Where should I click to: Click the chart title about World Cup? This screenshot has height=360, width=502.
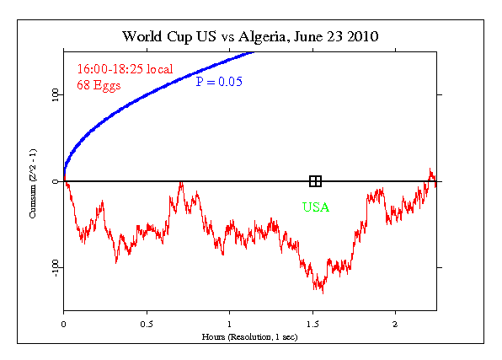250,37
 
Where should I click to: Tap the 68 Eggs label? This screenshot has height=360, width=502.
99,84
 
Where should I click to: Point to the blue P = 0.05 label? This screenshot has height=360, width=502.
218,82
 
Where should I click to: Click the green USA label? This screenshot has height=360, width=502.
316,207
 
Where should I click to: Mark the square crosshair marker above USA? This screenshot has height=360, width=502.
316,181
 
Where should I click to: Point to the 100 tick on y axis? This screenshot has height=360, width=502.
54,95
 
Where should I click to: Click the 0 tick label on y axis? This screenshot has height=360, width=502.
54,181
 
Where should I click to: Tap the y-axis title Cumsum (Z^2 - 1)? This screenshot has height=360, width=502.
34,182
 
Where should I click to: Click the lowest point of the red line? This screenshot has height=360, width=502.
322,293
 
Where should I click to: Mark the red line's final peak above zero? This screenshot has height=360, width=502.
430,169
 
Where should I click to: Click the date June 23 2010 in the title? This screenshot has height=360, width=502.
337,37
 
